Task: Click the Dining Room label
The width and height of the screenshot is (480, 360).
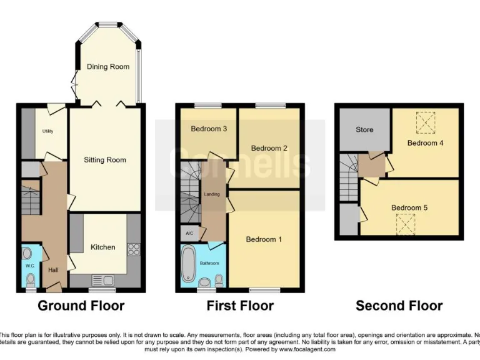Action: (108, 66)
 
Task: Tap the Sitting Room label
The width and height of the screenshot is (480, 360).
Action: (105, 160)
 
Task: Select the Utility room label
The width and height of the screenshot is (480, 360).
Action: (48, 131)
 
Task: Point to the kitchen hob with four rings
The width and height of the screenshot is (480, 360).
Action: (133, 249)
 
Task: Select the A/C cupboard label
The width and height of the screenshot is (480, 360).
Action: (189, 233)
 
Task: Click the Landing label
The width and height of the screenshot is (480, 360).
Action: (212, 194)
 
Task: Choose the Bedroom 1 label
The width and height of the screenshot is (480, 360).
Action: (264, 239)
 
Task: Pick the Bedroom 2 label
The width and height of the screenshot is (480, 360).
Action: (269, 148)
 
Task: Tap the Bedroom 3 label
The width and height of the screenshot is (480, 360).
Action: (209, 129)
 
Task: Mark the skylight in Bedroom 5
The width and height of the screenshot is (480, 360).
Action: (406, 222)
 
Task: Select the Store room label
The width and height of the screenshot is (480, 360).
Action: (364, 129)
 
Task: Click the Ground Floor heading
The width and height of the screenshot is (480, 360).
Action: (81, 306)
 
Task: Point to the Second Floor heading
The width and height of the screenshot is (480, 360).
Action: (399, 306)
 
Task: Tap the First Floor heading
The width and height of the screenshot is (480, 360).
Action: (240, 306)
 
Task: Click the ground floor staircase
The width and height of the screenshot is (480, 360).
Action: (30, 198)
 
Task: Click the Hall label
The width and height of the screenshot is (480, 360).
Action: (54, 271)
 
